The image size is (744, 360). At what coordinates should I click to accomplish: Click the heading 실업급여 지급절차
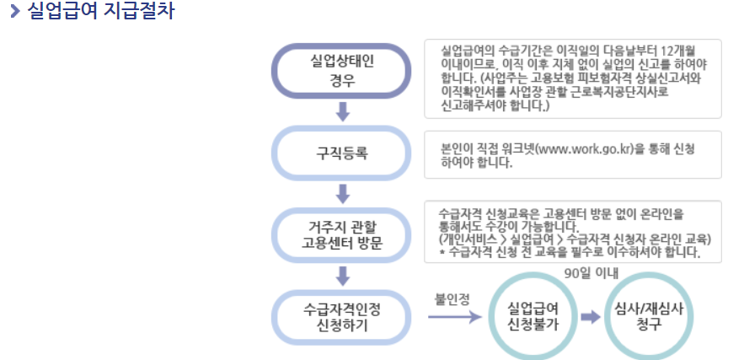(x=100, y=13)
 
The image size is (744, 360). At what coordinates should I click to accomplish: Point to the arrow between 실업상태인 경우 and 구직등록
(x=342, y=112)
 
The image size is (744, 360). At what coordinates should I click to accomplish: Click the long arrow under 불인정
(x=453, y=318)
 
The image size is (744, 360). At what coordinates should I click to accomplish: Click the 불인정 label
(x=452, y=298)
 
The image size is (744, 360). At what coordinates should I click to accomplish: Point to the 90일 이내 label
(x=591, y=272)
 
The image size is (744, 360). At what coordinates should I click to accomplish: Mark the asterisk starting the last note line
(x=443, y=252)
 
